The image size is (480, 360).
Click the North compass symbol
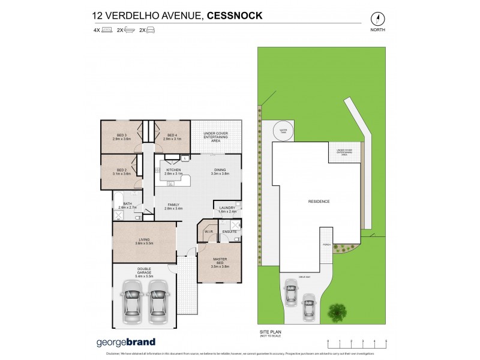pos(377,18)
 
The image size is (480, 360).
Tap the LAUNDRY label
pos(228,209)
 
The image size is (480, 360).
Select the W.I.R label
pos(208,231)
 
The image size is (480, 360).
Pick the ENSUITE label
pos(230,231)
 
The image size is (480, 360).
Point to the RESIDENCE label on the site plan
pos(319,202)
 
